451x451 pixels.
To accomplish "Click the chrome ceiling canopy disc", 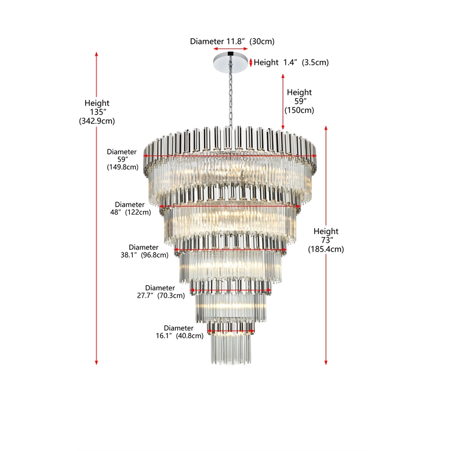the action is [231, 61].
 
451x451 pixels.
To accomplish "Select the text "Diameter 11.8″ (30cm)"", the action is [232, 41].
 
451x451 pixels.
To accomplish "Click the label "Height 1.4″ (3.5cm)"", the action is [291, 63].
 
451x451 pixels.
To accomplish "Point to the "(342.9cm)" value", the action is [97, 121].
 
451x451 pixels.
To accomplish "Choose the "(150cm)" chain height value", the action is [299, 110].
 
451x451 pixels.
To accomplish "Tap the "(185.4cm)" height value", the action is [326, 249].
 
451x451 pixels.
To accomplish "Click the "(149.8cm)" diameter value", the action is [122, 167].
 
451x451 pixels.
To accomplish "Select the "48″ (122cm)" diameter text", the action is [130, 213].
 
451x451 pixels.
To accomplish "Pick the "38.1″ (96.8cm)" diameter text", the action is [144, 255].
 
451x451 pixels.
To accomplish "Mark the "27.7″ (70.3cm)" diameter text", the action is [161, 295].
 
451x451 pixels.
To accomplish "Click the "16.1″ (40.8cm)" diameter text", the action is [179, 335].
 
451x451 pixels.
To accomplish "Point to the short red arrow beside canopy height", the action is [251, 63].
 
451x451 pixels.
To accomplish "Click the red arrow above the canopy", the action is [231, 49].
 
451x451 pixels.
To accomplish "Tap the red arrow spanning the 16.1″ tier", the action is [231, 331].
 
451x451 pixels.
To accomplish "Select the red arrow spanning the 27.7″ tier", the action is [231, 290].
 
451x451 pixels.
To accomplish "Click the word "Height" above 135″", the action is [97, 103].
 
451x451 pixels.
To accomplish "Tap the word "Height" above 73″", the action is [326, 231].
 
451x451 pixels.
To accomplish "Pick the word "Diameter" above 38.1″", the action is [144, 247].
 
